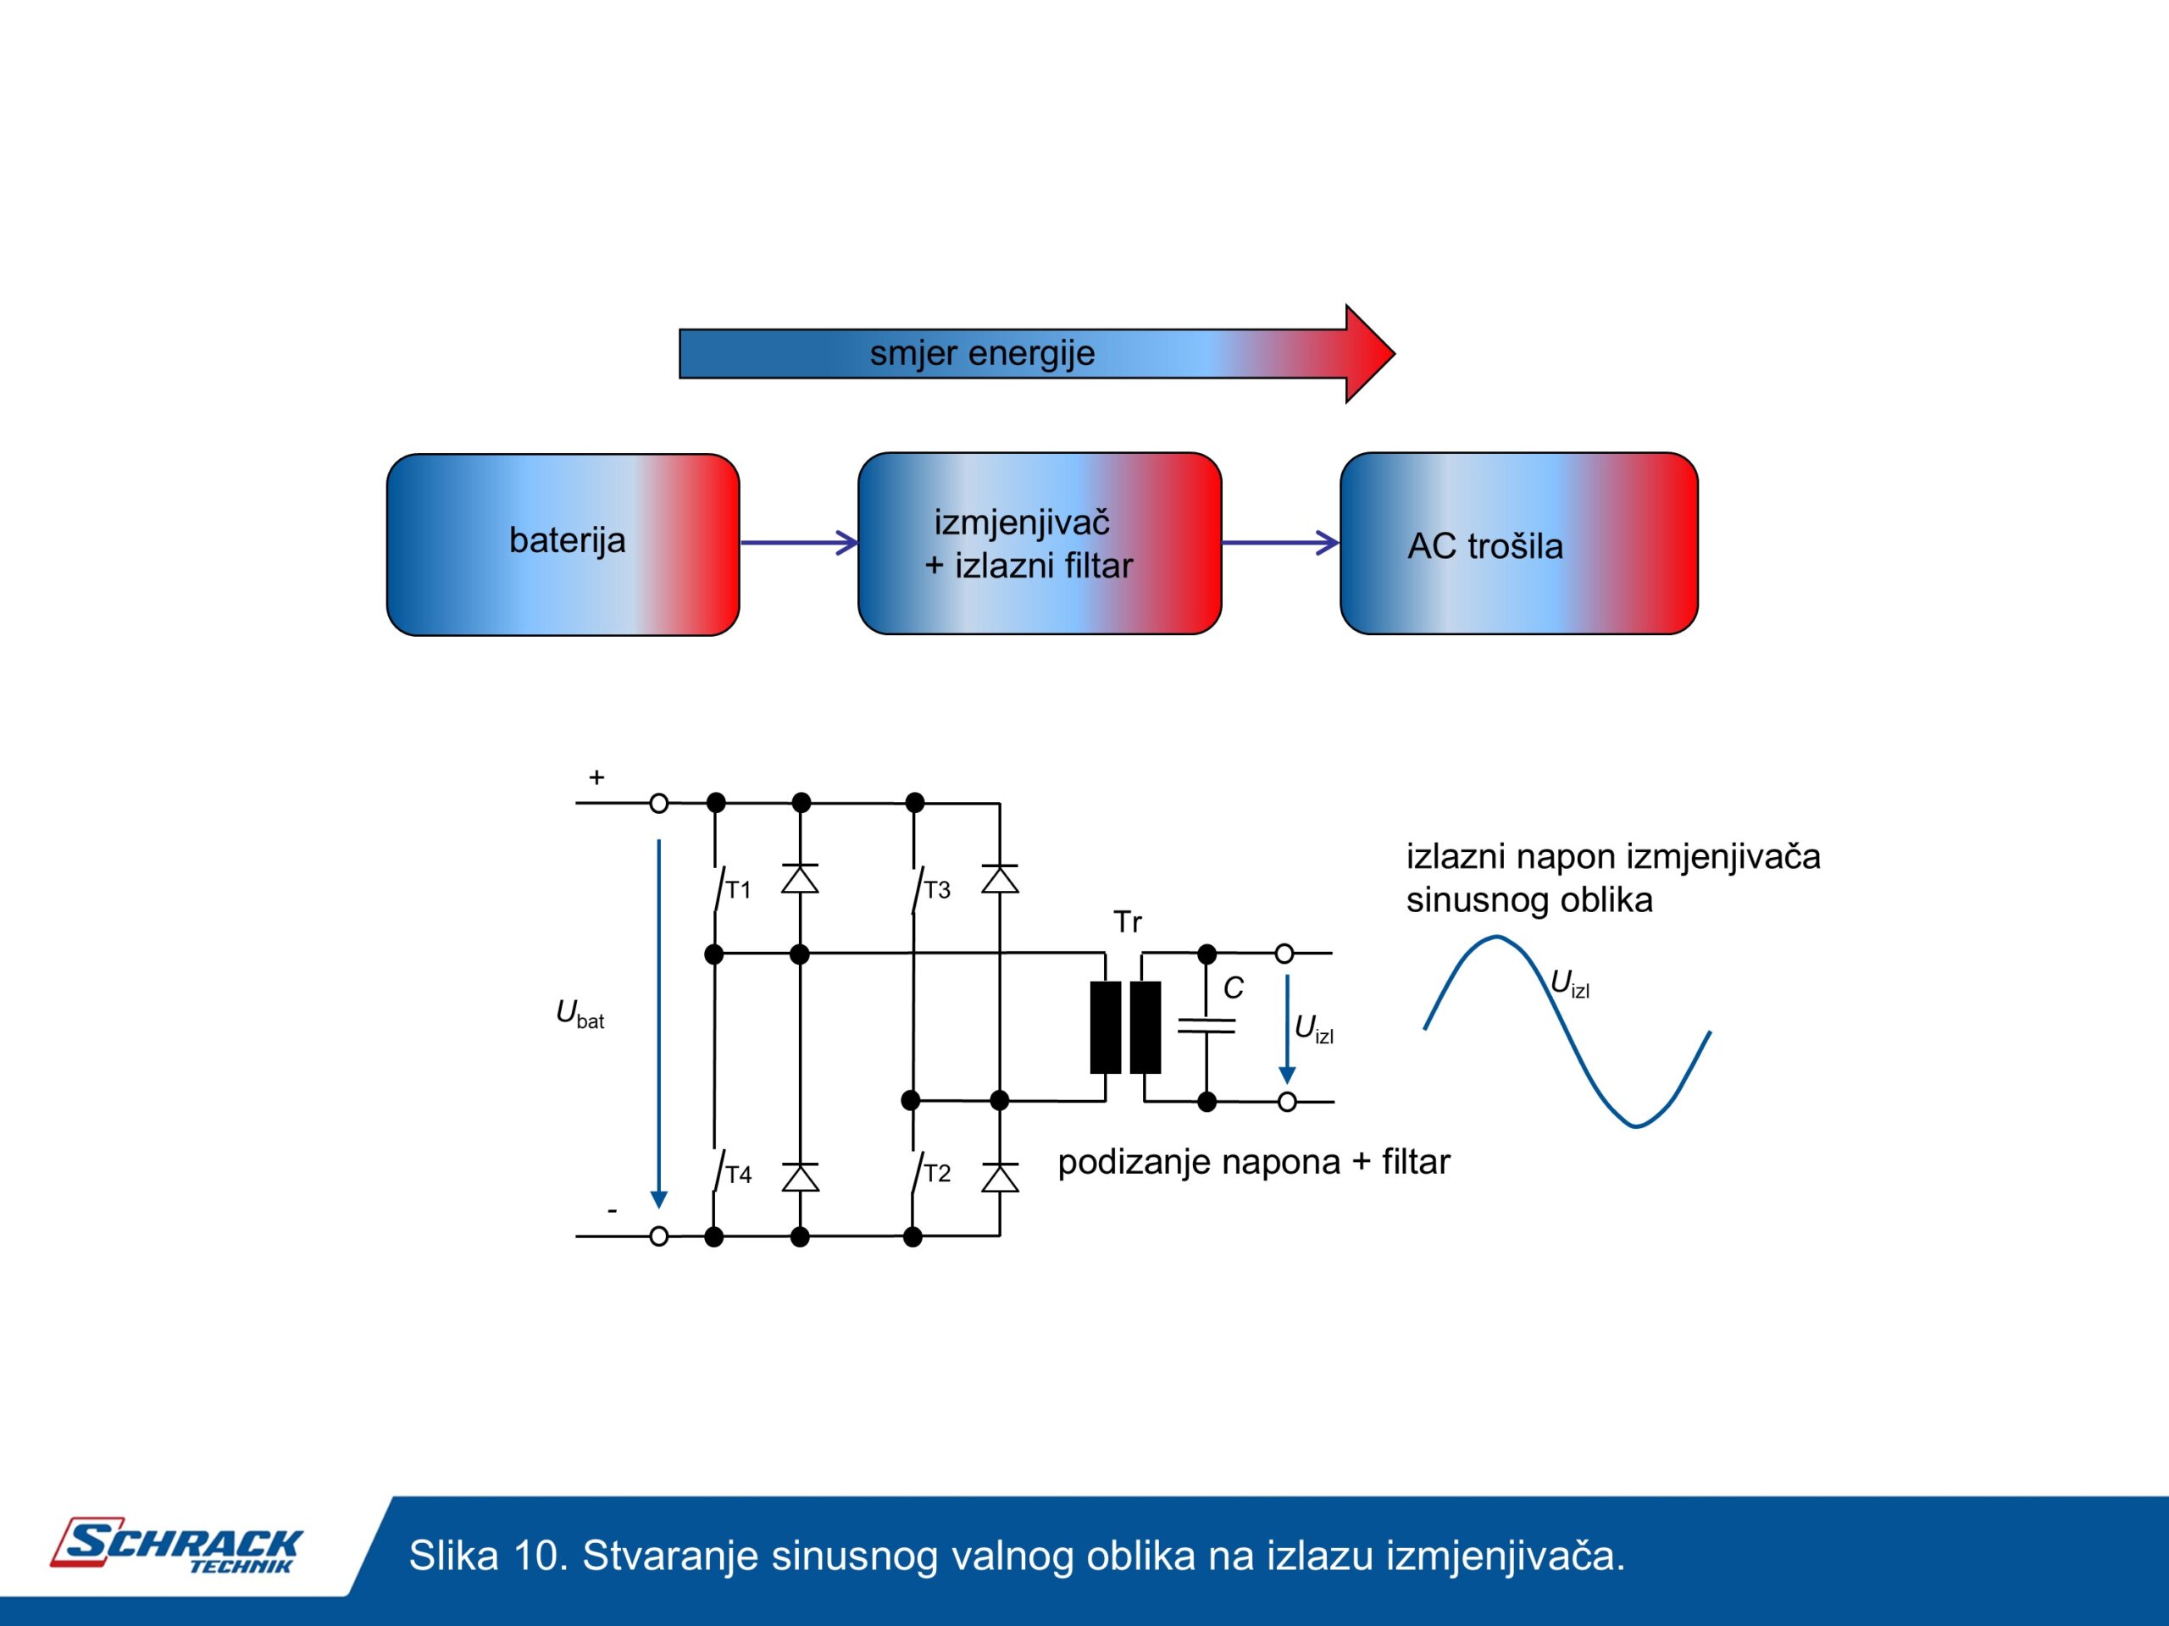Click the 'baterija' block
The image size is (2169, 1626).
(563, 544)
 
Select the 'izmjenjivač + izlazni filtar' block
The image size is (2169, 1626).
(1039, 544)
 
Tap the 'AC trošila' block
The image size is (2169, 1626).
(1518, 544)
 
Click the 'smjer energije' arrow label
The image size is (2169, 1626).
(981, 353)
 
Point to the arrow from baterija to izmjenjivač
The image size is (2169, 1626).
(798, 542)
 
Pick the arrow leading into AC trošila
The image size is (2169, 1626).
(1279, 542)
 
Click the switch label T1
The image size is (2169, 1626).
(737, 890)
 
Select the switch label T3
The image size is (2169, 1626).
(937, 890)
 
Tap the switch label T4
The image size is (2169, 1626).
(738, 1174)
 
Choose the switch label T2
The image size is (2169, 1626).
(937, 1173)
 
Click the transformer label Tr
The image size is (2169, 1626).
(1128, 922)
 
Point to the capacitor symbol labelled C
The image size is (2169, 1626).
(1207, 1026)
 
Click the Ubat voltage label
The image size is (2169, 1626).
(580, 1014)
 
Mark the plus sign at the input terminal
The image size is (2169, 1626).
(596, 777)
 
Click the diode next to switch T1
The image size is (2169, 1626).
(800, 879)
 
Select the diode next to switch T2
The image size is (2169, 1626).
(999, 1177)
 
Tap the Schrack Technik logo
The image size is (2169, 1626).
(176, 1546)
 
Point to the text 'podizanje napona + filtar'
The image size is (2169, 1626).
(1253, 1161)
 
